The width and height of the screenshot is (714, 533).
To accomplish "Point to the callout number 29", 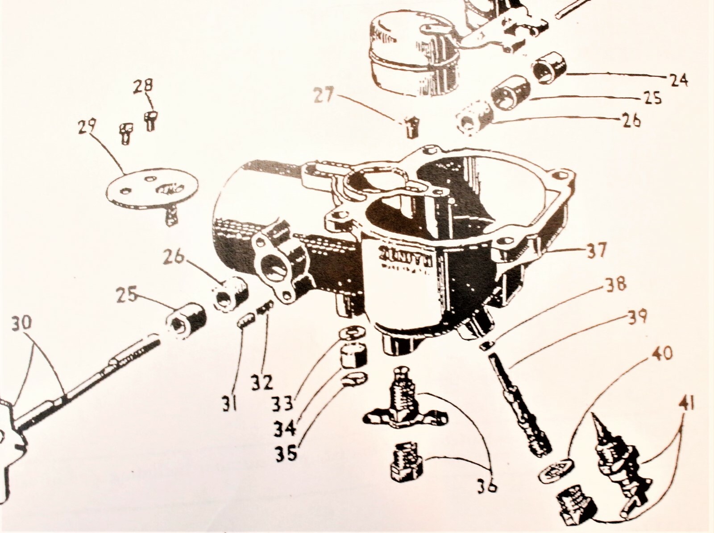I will click(86, 128).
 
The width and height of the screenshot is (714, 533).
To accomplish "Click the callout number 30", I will click(21, 323).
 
